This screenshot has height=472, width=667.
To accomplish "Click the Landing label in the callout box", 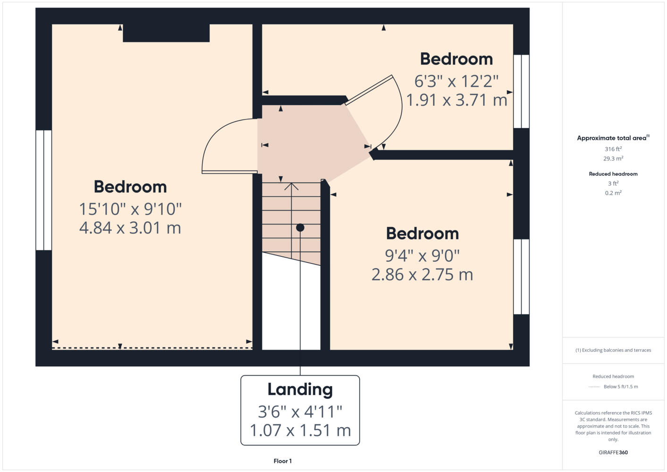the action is coord(300,389).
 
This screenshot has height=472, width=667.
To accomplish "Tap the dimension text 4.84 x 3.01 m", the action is coord(130,228).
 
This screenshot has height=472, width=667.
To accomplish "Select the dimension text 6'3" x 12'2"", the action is coord(456,81).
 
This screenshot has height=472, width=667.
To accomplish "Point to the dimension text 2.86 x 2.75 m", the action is coord(422,275).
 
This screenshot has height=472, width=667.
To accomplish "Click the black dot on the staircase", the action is coord(300,228).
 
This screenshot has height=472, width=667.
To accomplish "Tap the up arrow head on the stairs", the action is coord(291,186).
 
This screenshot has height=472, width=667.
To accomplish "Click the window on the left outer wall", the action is coord(44,190).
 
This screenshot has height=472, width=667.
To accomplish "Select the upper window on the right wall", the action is coord(522,91).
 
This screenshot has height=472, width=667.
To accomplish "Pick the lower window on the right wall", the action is coord(522,277).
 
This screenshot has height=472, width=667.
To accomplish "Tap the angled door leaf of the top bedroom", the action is coord(369,90).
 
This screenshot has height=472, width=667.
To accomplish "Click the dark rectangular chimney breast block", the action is coord(166,33).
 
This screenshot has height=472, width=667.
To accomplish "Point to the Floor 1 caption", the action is coord(283,461).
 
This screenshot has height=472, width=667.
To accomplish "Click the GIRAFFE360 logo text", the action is coord(613,452).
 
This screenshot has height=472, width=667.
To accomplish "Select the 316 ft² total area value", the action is coord(613,149).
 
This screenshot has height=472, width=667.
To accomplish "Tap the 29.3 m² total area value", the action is coord(613,159).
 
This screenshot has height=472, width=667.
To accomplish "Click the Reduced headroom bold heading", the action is coord(613,174).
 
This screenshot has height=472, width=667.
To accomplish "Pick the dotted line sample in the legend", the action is coord(594,387).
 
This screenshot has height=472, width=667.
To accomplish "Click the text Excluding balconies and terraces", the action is coord(616,350).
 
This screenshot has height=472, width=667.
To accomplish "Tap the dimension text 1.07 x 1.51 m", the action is coord(300,430).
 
